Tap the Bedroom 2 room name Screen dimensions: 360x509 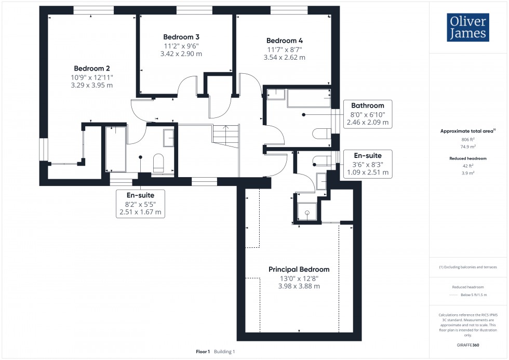tap(92, 68)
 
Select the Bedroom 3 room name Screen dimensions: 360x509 tap(181, 37)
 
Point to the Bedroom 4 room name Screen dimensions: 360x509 tap(284, 41)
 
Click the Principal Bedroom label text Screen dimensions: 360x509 tap(299, 269)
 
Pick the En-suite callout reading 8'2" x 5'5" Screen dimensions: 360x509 tap(140, 203)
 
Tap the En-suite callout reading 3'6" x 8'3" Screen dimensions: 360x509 tap(367, 164)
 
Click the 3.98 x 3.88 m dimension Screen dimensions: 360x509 tap(299, 286)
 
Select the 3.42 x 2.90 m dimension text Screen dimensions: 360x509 tap(181, 54)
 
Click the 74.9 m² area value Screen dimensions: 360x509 tap(468, 147)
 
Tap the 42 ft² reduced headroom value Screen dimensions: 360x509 tap(468, 166)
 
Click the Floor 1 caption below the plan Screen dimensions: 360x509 tap(202, 352)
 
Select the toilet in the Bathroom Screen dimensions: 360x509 tap(319, 134)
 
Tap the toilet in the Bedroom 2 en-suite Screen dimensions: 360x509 tap(159, 162)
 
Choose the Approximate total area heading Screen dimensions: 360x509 tap(467, 131)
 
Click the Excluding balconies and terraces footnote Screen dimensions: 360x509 tap(468, 267)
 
